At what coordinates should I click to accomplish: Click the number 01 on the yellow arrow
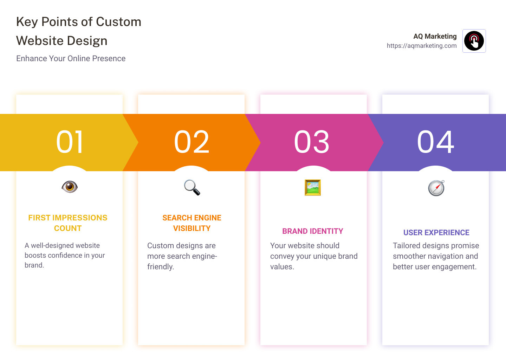[70, 142]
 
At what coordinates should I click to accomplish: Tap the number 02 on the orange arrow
[192, 142]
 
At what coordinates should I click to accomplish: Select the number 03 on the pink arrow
[312, 142]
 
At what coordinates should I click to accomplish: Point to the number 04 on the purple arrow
[435, 142]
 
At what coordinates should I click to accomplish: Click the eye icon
[70, 186]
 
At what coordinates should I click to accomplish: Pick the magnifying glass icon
[192, 187]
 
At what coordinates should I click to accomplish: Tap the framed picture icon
[313, 187]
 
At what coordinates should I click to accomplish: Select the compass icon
[436, 188]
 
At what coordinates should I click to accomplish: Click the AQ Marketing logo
[474, 41]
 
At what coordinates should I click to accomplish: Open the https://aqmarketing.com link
[422, 46]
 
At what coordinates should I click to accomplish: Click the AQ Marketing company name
[435, 36]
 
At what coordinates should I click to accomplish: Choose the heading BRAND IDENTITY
[313, 231]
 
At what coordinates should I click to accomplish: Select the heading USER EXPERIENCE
[436, 233]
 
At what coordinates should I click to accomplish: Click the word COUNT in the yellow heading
[68, 229]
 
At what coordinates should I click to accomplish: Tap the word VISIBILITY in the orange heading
[192, 229]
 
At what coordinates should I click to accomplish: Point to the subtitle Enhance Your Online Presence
[71, 58]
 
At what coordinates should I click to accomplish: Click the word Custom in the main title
[118, 22]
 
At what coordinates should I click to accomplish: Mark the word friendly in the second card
[160, 267]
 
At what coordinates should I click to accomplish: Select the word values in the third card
[281, 267]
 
